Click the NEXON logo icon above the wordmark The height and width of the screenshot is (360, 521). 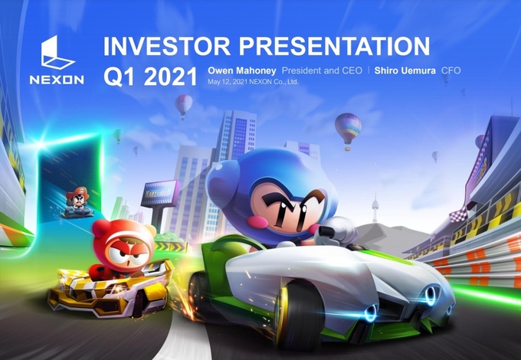[57, 52]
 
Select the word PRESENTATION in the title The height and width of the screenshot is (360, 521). [335, 46]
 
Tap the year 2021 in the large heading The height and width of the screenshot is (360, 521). [170, 77]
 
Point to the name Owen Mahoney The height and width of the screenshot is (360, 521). [242, 70]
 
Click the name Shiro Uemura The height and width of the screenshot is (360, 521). [405, 70]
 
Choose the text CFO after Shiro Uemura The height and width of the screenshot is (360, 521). [451, 70]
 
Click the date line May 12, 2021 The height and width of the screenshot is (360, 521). [253, 82]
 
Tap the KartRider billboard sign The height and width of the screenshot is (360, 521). [160, 193]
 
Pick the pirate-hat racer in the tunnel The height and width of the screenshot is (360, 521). [77, 202]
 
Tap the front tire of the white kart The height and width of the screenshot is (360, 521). [299, 315]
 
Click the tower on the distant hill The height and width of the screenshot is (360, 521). [375, 208]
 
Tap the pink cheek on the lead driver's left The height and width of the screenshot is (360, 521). [257, 221]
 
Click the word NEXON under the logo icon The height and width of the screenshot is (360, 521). [57, 80]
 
